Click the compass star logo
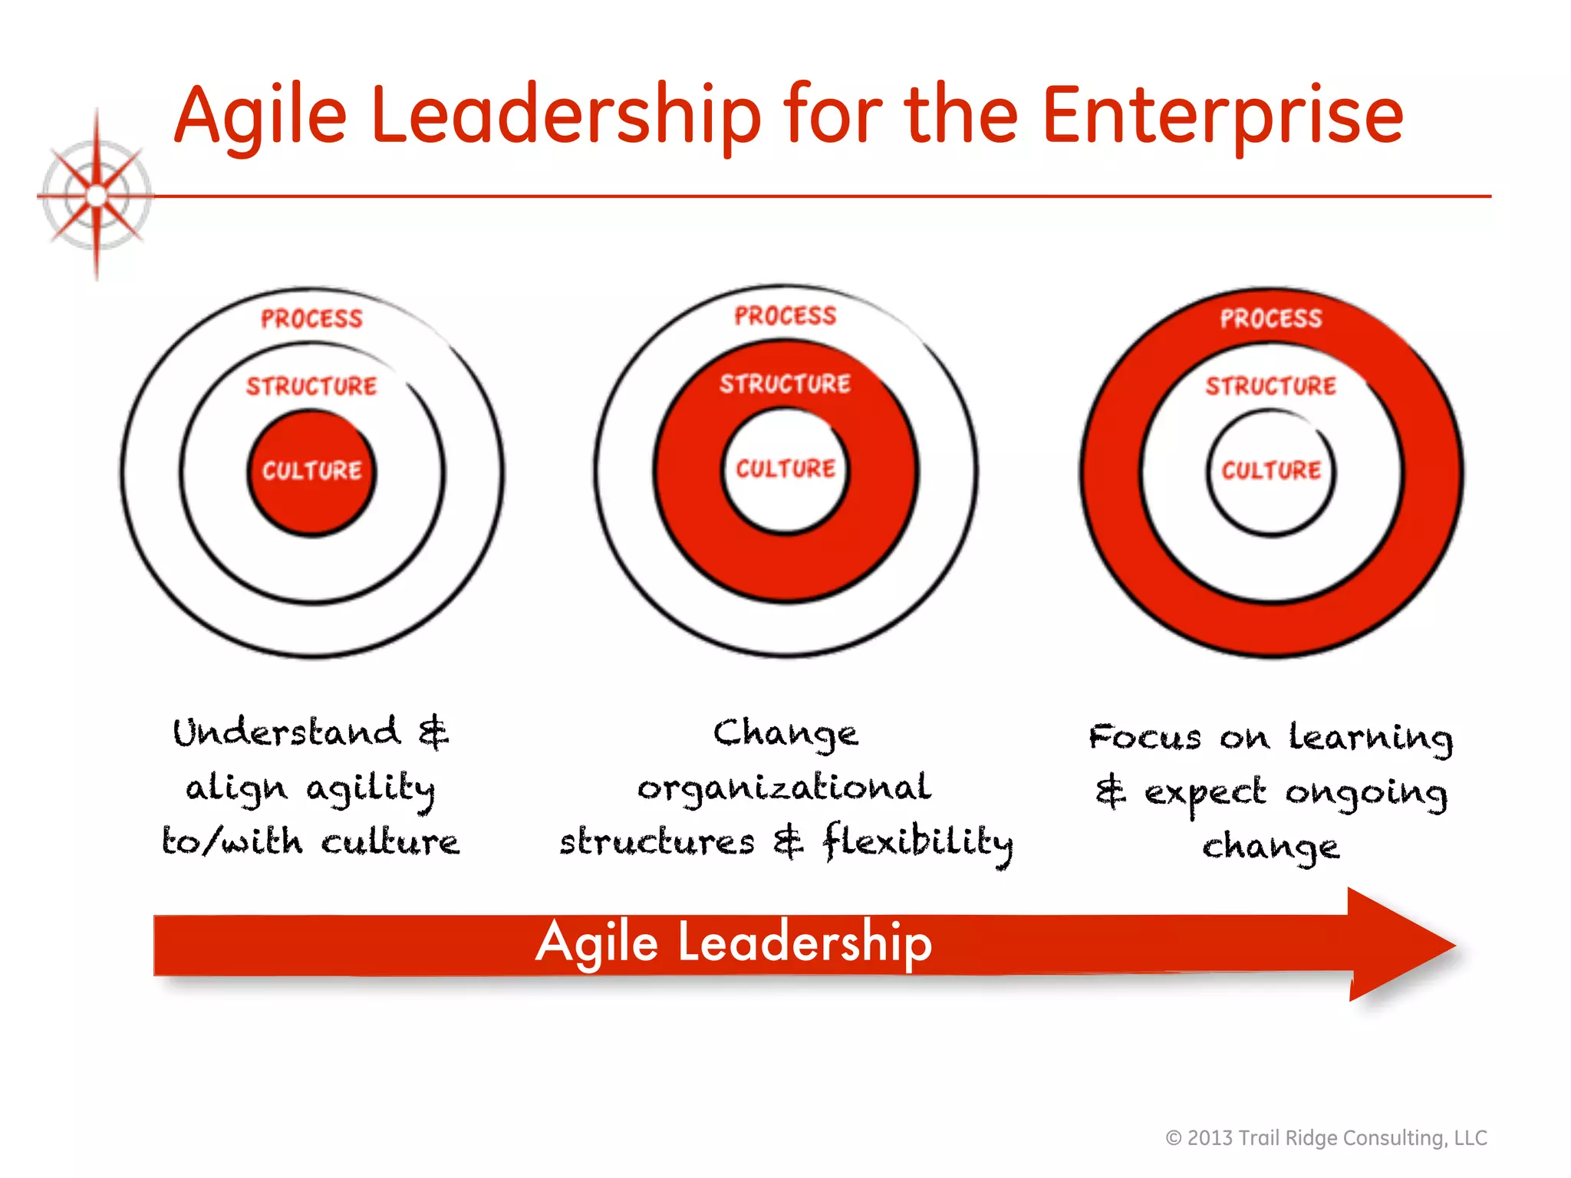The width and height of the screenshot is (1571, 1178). coord(96,196)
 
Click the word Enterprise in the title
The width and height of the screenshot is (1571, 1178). coord(1223,117)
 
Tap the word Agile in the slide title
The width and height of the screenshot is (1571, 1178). coord(261,117)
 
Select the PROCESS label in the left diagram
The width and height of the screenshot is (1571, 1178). coord(311,319)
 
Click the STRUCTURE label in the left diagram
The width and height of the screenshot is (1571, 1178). coord(311,386)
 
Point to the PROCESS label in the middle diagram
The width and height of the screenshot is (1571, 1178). coord(785,316)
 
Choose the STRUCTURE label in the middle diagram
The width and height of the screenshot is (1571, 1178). coord(785,383)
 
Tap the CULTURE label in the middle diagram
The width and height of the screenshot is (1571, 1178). coord(785,469)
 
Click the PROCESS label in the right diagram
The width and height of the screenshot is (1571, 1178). coord(1271,319)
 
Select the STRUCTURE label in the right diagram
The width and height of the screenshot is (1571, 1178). coord(1271,386)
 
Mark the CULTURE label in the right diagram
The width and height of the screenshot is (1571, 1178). coord(1271,470)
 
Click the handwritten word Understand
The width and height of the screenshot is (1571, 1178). coord(287,732)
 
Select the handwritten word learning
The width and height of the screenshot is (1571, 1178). coord(1370,738)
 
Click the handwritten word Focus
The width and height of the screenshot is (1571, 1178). coord(1144,738)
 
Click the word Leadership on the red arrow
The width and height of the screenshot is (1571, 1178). coord(805,943)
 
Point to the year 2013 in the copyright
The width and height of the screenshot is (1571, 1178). coord(1210,1138)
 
